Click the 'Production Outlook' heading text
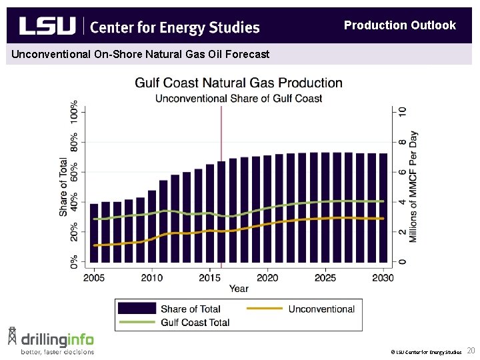click(x=399, y=25)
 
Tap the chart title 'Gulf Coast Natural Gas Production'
click(x=239, y=83)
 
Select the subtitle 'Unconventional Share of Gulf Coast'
click(x=239, y=99)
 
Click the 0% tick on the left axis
click(x=73, y=261)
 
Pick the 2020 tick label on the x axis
click(x=267, y=277)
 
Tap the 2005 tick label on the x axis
click(x=94, y=277)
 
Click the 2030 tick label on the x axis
click(x=382, y=277)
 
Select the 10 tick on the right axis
click(x=403, y=112)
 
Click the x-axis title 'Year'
click(x=239, y=289)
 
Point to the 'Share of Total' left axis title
click(x=63, y=187)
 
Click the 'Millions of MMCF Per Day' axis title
click(x=413, y=187)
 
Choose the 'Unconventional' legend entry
click(x=321, y=309)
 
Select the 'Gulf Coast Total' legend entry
click(x=195, y=323)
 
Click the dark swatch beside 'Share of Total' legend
click(x=137, y=309)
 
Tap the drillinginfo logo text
click(x=57, y=339)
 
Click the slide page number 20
click(x=471, y=351)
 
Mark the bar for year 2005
click(x=94, y=233)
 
